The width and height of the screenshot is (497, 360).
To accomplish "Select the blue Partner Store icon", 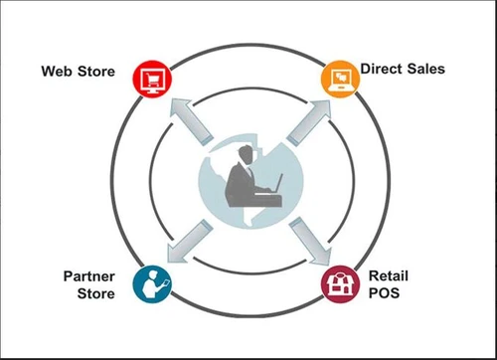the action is pos(153,281).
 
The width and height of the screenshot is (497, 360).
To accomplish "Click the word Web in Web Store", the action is pos(58,72).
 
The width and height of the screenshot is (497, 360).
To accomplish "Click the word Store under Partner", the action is pos(96,293).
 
